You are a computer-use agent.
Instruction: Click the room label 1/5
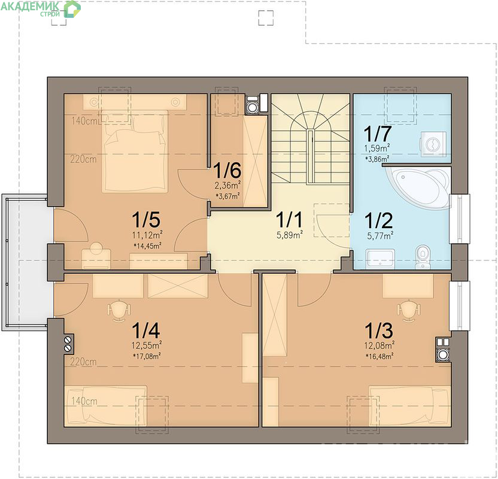(x=146, y=220)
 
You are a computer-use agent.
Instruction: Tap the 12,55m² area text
(x=147, y=345)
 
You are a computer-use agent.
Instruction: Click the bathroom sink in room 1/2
(x=380, y=259)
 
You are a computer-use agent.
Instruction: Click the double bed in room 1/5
(x=135, y=151)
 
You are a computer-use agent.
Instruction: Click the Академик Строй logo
(x=41, y=8)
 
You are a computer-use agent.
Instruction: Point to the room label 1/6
(x=227, y=171)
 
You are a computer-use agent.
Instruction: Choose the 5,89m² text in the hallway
(x=289, y=235)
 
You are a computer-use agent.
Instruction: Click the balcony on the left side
(x=25, y=262)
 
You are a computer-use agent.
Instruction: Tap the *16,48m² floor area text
(x=380, y=356)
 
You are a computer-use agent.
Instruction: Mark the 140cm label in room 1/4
(x=84, y=401)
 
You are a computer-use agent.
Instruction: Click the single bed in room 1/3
(x=409, y=406)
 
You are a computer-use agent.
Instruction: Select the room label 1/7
(x=377, y=134)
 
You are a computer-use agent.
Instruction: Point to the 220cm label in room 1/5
(x=83, y=159)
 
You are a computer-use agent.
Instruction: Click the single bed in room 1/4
(x=106, y=406)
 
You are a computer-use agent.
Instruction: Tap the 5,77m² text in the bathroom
(x=380, y=236)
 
